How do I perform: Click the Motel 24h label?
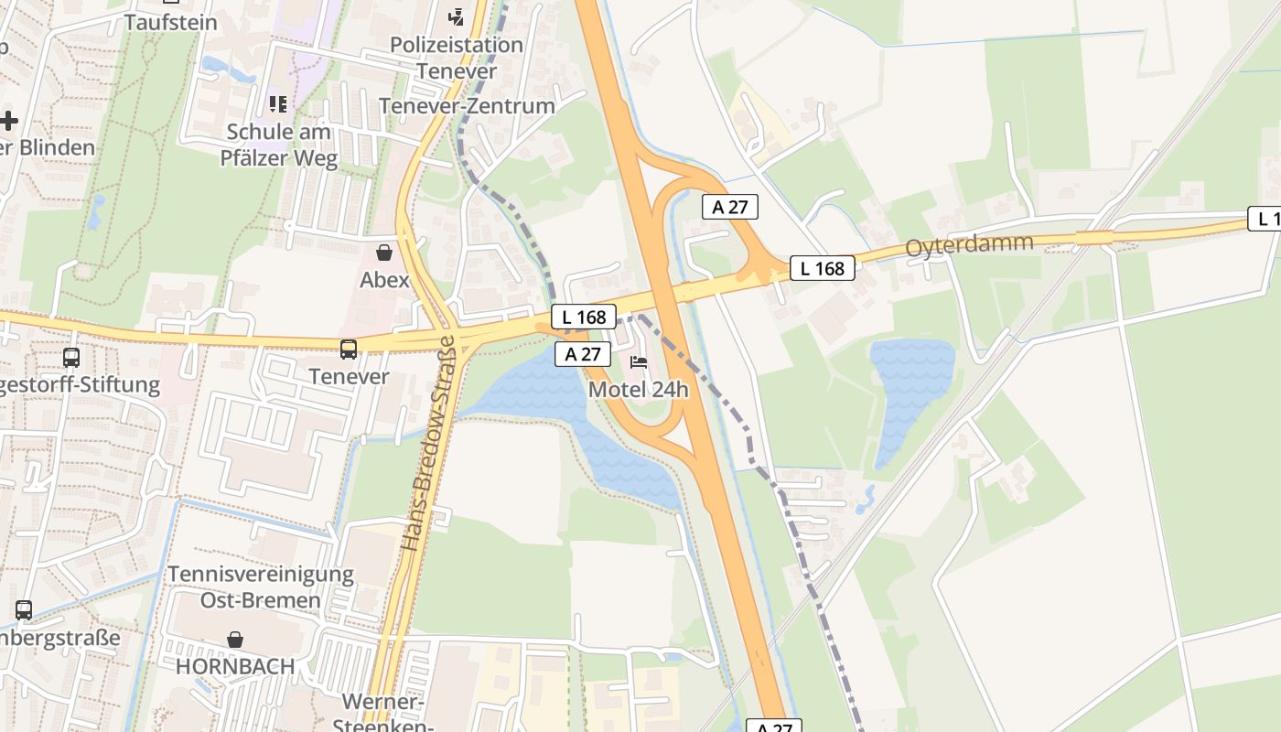pyautogui.click(x=638, y=389)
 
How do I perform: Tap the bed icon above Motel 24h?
pyautogui.click(x=639, y=363)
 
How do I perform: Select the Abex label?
pyautogui.click(x=384, y=279)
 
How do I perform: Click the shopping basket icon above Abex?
pyautogui.click(x=384, y=252)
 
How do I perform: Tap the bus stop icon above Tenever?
pyautogui.click(x=348, y=349)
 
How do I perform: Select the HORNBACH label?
pyautogui.click(x=235, y=666)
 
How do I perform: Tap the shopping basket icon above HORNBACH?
pyautogui.click(x=235, y=639)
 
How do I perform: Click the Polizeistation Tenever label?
pyautogui.click(x=457, y=57)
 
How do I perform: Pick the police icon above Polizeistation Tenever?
pyautogui.click(x=456, y=16)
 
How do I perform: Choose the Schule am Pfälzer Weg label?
pyautogui.click(x=278, y=145)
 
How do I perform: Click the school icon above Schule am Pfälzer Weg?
pyautogui.click(x=278, y=104)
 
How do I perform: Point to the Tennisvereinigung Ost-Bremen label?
pyautogui.click(x=260, y=587)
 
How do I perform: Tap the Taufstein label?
pyautogui.click(x=171, y=22)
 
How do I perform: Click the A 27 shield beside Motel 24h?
pyautogui.click(x=582, y=354)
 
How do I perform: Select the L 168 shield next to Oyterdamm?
pyautogui.click(x=822, y=268)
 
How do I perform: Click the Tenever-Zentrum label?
pyautogui.click(x=467, y=105)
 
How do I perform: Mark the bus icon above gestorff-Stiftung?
pyautogui.click(x=71, y=358)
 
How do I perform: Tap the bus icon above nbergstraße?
pyautogui.click(x=24, y=609)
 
